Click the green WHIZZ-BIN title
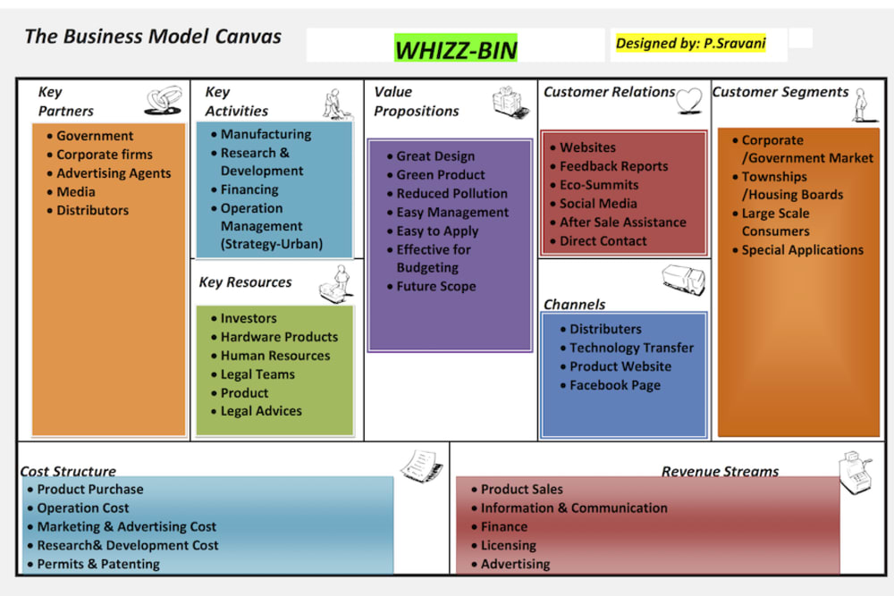pos(456,49)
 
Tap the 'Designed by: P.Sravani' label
pos(689,42)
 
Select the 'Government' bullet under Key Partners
pos(95,136)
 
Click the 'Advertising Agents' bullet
pos(114,173)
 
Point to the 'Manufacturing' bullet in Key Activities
pos(266,134)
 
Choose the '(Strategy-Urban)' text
pos(272,244)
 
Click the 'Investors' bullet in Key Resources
pos(249,318)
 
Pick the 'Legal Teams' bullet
pos(257,374)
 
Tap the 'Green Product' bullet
pos(441,174)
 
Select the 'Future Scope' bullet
pos(436,286)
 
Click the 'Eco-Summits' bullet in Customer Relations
pos(599,185)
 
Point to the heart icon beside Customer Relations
pos(689,100)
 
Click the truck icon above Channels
pos(683,281)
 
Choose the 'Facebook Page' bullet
pos(615,385)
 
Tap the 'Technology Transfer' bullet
pos(631,348)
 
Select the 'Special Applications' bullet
pos(803,250)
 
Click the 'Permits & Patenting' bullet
pos(98,564)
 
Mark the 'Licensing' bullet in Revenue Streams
pos(509,545)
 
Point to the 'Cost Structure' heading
pos(68,471)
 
